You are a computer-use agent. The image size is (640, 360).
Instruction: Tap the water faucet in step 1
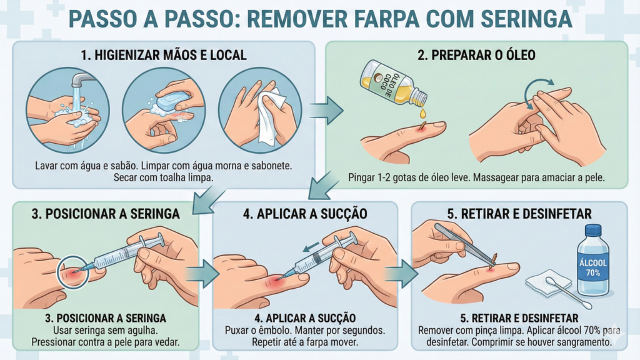[81, 80]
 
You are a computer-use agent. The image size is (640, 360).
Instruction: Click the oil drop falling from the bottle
[423, 113]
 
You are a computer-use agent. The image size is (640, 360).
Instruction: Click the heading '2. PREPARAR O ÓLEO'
[476, 55]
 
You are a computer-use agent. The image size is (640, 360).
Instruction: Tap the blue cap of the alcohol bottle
[592, 229]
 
